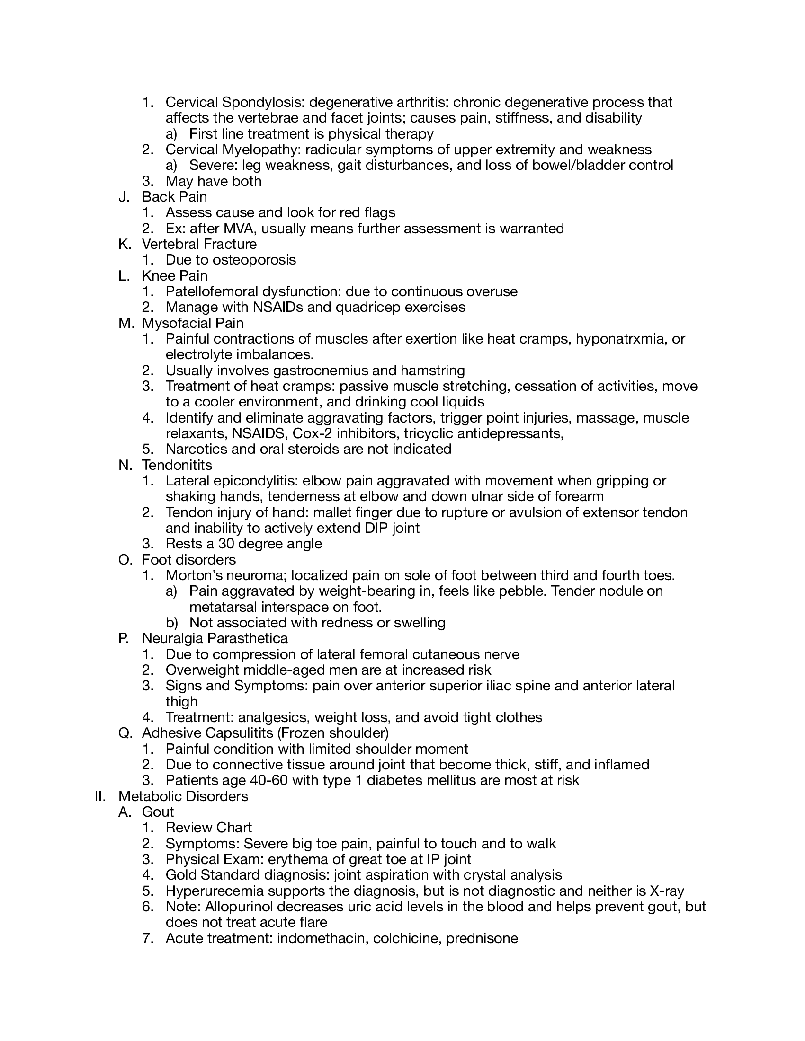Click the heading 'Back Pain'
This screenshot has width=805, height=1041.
point(174,197)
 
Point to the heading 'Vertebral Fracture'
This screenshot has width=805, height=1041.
point(199,244)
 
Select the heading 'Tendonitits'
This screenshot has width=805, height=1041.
point(177,465)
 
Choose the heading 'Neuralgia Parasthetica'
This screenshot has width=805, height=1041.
point(215,638)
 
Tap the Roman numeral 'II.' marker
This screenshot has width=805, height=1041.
point(100,796)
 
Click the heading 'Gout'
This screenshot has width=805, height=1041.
point(157,812)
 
